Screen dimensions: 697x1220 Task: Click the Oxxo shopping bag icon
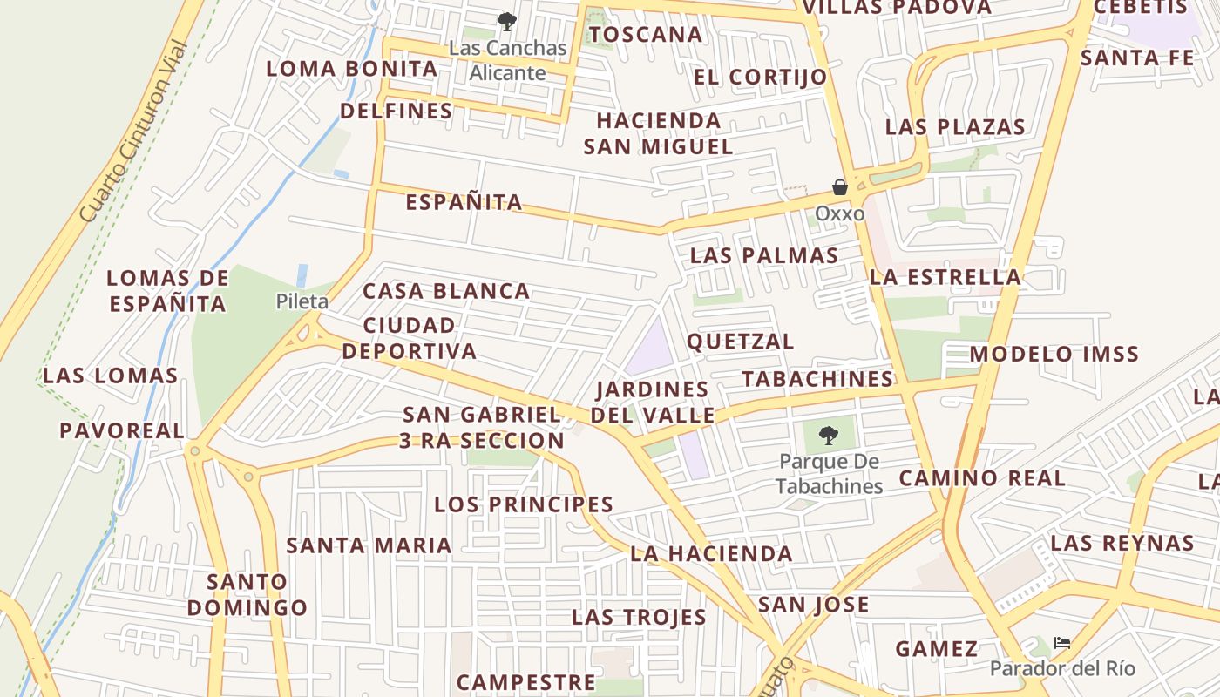point(840,187)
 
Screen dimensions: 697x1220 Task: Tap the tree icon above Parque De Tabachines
point(828,435)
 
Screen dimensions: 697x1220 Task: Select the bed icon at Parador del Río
point(1061,644)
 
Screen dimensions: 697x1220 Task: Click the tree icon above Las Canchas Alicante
point(506,22)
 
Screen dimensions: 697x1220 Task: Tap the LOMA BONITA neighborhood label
point(351,69)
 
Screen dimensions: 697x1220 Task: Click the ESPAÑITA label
point(464,202)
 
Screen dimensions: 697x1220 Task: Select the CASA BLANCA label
point(446,291)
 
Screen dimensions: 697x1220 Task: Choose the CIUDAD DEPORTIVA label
point(409,338)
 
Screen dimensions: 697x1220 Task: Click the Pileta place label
point(302,301)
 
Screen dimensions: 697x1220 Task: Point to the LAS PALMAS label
point(764,256)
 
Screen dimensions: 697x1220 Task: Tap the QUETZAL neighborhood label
point(741,341)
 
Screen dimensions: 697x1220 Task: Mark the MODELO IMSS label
point(1054,354)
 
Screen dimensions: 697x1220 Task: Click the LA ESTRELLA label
point(945,277)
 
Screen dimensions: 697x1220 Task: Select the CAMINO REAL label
point(982,477)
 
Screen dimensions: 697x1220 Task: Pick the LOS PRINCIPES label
point(524,504)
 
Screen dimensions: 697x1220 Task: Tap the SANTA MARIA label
point(369,545)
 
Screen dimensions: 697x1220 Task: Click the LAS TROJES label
point(639,617)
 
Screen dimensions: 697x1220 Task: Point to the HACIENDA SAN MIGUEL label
point(658,133)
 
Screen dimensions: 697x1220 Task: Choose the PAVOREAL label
point(122,430)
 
